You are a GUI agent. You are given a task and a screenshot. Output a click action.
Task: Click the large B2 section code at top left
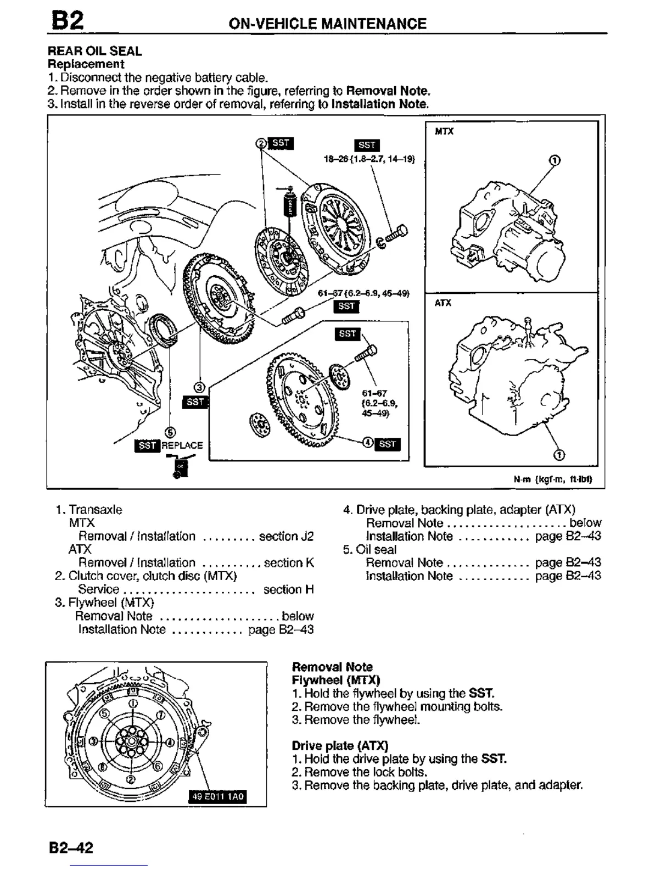pyautogui.click(x=68, y=21)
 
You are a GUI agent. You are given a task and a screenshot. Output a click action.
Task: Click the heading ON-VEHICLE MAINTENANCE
pyautogui.click(x=327, y=24)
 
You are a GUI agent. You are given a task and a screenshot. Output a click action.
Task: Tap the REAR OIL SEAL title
pyautogui.click(x=94, y=51)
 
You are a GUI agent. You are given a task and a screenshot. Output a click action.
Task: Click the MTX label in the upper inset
pyautogui.click(x=444, y=131)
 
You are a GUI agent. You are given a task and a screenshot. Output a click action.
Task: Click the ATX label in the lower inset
pyautogui.click(x=443, y=303)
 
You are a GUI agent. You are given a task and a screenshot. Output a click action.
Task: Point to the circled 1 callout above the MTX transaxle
pyautogui.click(x=555, y=160)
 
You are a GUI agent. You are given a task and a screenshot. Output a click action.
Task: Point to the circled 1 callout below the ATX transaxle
pyautogui.click(x=559, y=455)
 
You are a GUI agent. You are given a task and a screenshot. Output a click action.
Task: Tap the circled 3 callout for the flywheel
pyautogui.click(x=200, y=387)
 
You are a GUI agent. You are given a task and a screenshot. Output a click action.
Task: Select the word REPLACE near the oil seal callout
pyautogui.click(x=182, y=445)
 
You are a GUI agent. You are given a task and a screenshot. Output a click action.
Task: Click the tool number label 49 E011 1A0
pyautogui.click(x=218, y=796)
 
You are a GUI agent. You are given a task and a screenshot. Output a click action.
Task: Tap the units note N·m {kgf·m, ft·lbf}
pyautogui.click(x=552, y=479)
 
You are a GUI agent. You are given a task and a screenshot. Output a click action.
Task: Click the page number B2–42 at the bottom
pyautogui.click(x=71, y=847)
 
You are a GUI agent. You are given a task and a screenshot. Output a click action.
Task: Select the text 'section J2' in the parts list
pyautogui.click(x=286, y=536)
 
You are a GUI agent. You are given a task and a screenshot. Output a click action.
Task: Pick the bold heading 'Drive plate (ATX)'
pyautogui.click(x=340, y=745)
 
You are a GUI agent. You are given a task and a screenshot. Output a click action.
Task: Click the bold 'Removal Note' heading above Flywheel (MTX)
pyautogui.click(x=332, y=667)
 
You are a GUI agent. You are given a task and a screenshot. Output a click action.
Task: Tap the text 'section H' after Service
pyautogui.click(x=289, y=589)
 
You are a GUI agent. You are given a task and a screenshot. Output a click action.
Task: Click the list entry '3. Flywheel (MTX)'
pyautogui.click(x=104, y=603)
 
